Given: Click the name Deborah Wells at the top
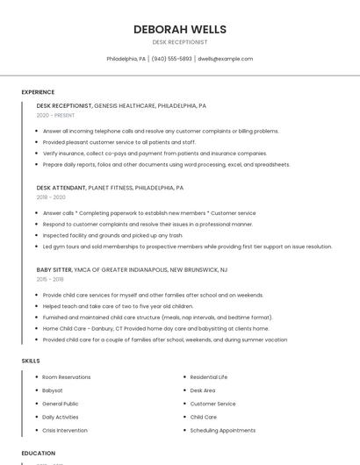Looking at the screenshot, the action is (x=179, y=29).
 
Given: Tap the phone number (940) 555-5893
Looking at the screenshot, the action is (x=171, y=59).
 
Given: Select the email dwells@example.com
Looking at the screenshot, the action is (x=225, y=59).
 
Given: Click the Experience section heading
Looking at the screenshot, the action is (x=38, y=92).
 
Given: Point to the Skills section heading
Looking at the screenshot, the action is (x=31, y=361).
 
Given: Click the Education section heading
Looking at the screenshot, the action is (x=38, y=453).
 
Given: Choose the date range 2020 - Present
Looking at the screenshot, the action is (x=55, y=115).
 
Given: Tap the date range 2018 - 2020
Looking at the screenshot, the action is (x=50, y=197).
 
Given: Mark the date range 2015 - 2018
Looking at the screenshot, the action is (x=50, y=279).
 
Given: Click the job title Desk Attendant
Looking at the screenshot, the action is (x=61, y=188).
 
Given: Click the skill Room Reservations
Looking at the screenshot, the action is (x=67, y=377).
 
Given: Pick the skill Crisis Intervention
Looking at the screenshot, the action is (x=66, y=430).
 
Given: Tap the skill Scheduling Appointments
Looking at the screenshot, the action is (x=222, y=430).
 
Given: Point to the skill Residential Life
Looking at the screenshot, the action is (x=209, y=377).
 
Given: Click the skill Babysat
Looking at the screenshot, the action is (x=53, y=390).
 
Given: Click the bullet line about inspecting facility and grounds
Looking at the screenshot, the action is (x=112, y=235).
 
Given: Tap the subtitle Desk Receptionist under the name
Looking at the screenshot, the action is (x=179, y=42).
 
